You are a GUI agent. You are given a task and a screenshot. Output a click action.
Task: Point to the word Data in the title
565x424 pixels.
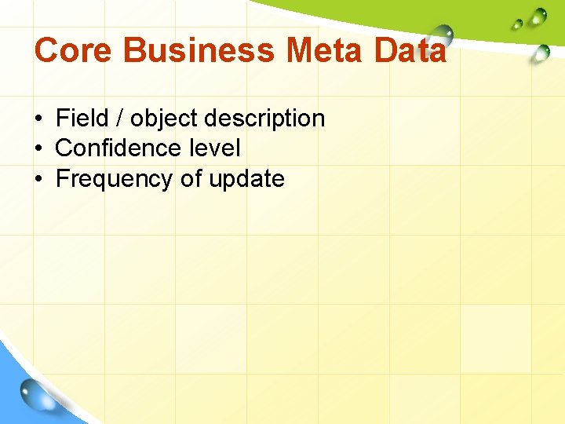pos(410,51)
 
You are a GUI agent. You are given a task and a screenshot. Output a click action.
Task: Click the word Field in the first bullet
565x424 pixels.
pos(82,119)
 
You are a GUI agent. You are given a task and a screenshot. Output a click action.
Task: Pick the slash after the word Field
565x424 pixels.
pos(119,119)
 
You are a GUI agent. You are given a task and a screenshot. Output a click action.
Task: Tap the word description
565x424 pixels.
pos(264,119)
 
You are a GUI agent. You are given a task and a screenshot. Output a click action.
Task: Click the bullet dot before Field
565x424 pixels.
pos(38,119)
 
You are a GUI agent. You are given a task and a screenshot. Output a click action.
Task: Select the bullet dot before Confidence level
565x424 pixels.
pos(38,149)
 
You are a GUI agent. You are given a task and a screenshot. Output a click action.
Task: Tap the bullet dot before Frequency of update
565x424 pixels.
pos(38,180)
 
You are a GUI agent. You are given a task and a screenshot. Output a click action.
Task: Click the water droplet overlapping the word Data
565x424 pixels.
pos(443,35)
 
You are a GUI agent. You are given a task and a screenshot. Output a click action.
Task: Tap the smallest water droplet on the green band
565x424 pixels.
pos(516,24)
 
